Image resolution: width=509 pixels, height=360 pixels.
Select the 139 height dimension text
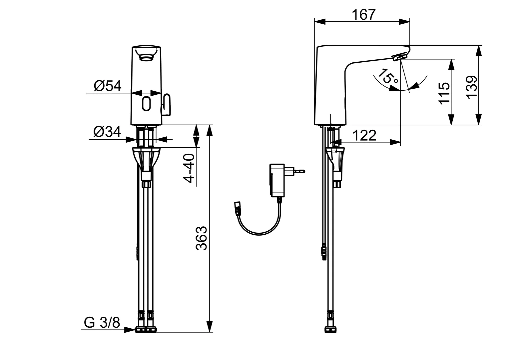(x=471, y=87)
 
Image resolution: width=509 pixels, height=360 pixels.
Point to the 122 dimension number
(x=364, y=135)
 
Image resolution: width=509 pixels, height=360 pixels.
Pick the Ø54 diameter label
(x=108, y=86)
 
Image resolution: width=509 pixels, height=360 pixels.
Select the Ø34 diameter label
(x=107, y=132)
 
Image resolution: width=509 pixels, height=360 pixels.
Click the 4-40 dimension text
(x=189, y=168)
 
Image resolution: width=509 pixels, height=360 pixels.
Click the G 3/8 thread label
(x=102, y=322)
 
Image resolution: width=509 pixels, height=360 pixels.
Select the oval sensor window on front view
(x=146, y=104)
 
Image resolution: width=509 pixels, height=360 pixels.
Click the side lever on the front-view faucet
(x=166, y=104)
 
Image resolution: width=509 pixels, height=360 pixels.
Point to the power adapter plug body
(x=277, y=180)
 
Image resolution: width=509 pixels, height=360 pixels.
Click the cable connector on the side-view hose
(x=323, y=252)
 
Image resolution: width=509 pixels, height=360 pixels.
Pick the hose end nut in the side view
(x=329, y=329)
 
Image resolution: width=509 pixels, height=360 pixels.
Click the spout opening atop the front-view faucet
(x=147, y=54)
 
